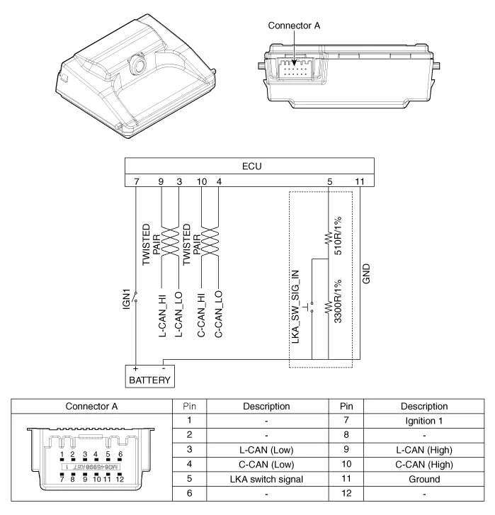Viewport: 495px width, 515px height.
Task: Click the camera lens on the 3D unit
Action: pyautogui.click(x=136, y=64)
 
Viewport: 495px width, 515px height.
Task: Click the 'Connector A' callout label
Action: pyautogui.click(x=294, y=26)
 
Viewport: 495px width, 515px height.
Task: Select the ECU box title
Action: pyautogui.click(x=251, y=166)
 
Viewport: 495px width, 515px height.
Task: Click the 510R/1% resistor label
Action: pyautogui.click(x=338, y=233)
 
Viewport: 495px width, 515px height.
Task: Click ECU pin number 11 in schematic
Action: pyautogui.click(x=360, y=182)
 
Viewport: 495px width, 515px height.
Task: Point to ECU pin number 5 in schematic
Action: pyautogui.click(x=329, y=182)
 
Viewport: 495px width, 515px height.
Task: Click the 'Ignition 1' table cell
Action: pyautogui.click(x=423, y=419)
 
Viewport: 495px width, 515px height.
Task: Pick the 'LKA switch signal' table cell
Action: pyautogui.click(x=266, y=480)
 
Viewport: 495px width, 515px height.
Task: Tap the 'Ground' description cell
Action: pyautogui.click(x=423, y=480)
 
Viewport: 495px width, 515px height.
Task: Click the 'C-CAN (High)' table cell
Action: pyautogui.click(x=423, y=465)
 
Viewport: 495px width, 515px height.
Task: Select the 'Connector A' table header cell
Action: pyautogui.click(x=91, y=407)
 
